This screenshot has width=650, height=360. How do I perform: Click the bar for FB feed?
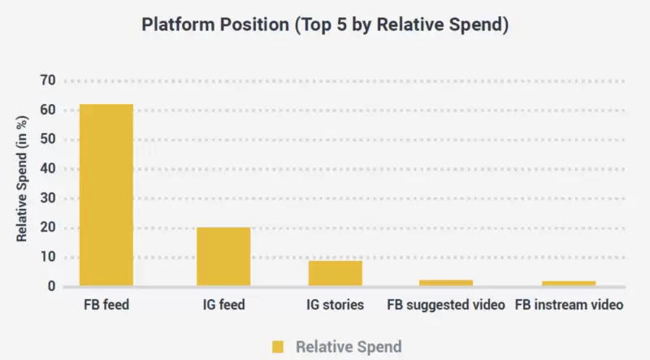(x=106, y=195)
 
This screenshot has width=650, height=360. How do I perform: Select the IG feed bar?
(x=223, y=257)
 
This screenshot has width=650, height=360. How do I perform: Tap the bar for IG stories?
(x=335, y=273)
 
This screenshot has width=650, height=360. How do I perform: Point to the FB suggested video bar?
(x=445, y=283)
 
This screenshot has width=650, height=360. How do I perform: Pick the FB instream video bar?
(x=568, y=284)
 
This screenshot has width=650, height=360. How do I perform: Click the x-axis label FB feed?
(x=106, y=306)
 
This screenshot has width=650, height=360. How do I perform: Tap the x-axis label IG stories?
(x=336, y=306)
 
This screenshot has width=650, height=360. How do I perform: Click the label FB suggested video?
(x=446, y=306)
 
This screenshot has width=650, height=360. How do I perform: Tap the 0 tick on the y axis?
(x=52, y=287)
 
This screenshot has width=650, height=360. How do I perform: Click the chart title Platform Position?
(x=325, y=24)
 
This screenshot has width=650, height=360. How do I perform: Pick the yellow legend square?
(x=278, y=347)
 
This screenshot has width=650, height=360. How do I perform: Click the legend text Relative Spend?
(x=349, y=347)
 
